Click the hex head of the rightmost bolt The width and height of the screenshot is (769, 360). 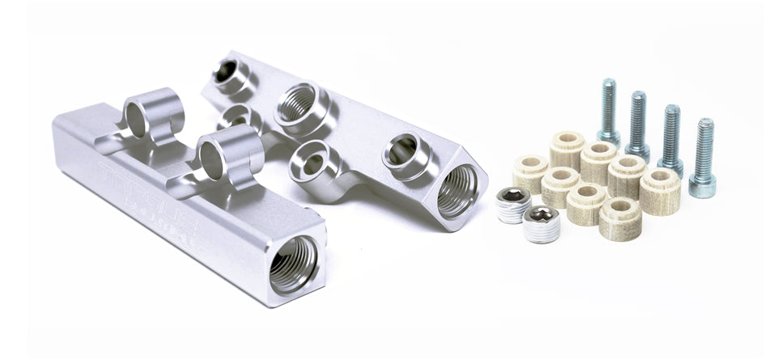coord(702,185)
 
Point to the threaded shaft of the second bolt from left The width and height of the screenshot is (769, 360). coord(638,118)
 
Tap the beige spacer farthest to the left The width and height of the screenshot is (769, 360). coord(529,172)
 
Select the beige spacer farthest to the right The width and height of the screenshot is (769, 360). coord(660,189)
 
